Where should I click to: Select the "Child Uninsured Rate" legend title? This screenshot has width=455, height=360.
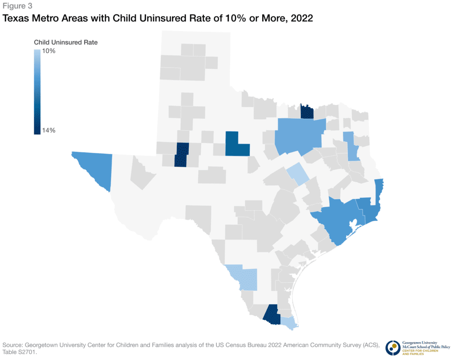point(66,43)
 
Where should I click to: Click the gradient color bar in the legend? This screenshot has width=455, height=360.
point(38,91)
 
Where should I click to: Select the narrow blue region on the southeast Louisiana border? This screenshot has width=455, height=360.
point(379,191)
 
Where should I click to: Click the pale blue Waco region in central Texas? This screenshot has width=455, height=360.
point(298,173)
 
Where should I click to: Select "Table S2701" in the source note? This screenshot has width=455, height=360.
point(20,352)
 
